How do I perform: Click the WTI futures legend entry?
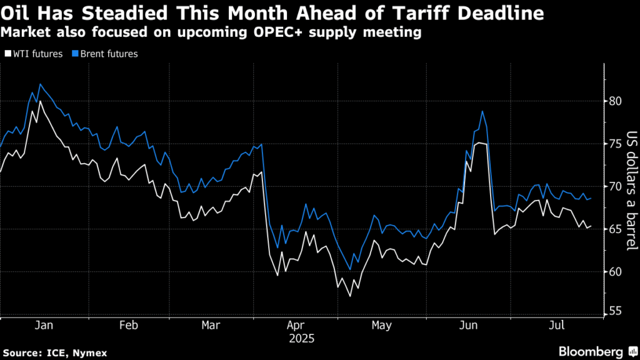coord(37,54)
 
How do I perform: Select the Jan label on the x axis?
coord(43,326)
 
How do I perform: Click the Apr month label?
coord(297,326)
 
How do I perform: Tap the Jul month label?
coord(556,326)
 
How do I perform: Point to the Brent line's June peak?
coord(482,112)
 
